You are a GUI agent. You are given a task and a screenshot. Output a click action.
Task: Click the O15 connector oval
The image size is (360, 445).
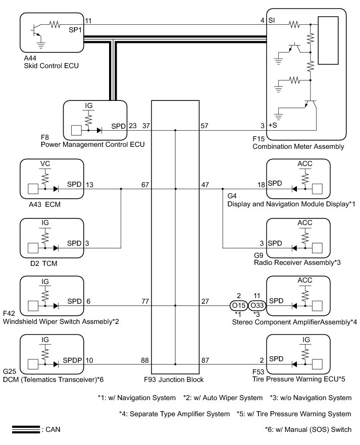(x=238, y=305)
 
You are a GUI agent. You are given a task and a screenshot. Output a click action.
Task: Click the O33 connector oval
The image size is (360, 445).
(x=256, y=305)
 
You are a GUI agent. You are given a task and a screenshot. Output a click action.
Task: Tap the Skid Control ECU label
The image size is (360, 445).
(x=50, y=66)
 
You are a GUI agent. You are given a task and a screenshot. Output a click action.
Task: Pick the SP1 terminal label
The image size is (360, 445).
(x=75, y=29)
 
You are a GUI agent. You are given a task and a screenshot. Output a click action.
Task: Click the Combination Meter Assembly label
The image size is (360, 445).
(x=298, y=147)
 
